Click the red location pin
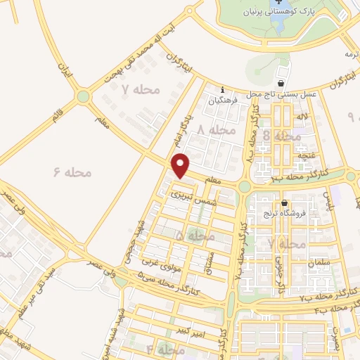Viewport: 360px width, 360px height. (x=182, y=165)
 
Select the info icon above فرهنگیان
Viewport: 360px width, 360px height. (x=223, y=89)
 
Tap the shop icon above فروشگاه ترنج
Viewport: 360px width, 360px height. (x=284, y=204)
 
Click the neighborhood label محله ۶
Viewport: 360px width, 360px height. (x=73, y=171)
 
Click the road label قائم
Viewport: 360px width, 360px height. (x=56, y=117)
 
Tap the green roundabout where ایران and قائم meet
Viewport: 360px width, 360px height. (x=84, y=96)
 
